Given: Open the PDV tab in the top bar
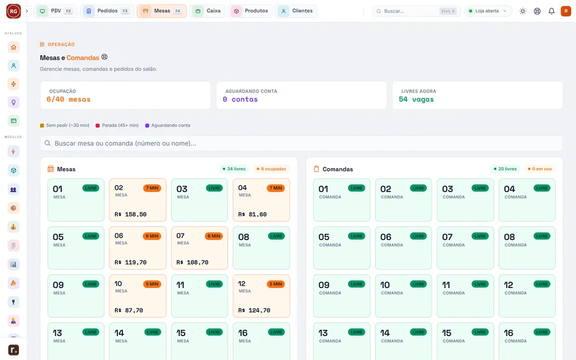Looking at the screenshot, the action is click(55, 11).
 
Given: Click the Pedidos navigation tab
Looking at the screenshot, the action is click(107, 11).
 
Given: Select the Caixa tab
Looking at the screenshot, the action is click(207, 11).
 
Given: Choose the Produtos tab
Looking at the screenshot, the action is click(250, 11).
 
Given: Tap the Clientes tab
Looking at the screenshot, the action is click(296, 11).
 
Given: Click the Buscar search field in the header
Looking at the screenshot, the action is click(416, 11).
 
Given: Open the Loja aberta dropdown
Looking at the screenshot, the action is click(488, 11).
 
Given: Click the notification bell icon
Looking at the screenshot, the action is click(551, 11).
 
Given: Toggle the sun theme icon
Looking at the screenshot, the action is click(523, 11).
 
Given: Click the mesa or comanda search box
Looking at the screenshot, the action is click(301, 143).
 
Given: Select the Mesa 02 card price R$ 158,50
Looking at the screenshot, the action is click(130, 214).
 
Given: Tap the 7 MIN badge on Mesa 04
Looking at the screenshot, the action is click(275, 188).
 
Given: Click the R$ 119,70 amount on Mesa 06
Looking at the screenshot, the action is click(130, 262).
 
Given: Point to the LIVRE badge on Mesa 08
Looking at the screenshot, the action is click(276, 236).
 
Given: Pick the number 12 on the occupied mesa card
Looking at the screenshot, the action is click(242, 284).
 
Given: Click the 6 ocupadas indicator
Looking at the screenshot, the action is click(271, 169).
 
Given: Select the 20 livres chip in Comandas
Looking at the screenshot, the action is click(505, 169).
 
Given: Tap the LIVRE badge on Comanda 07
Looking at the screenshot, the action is click(480, 236).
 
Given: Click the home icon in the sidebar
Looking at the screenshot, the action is click(14, 47).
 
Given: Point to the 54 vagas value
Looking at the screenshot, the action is click(416, 99).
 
